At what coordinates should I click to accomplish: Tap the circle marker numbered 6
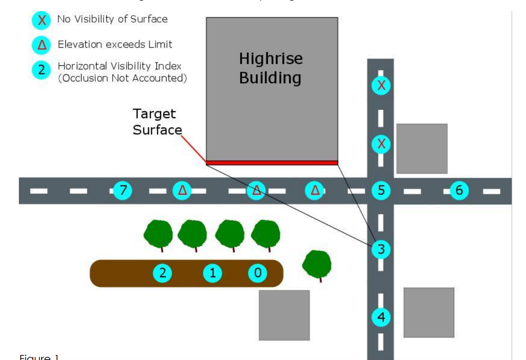[458, 189]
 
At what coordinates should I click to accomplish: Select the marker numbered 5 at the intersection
[381, 189]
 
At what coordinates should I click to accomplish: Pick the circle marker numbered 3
[381, 250]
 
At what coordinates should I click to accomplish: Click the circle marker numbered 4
[381, 317]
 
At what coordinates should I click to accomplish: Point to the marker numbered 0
[257, 273]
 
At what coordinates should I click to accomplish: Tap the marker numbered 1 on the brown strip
[212, 273]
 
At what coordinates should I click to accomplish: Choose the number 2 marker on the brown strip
[162, 273]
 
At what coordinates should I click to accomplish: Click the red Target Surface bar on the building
[272, 162]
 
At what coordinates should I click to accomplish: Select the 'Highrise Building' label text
[271, 68]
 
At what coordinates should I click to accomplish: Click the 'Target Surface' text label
[156, 121]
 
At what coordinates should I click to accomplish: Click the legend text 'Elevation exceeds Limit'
[115, 45]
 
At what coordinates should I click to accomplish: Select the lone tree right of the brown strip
[317, 263]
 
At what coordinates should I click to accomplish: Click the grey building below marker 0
[284, 314]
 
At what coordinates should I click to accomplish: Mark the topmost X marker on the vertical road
[381, 85]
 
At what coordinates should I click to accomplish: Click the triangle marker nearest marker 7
[182, 190]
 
